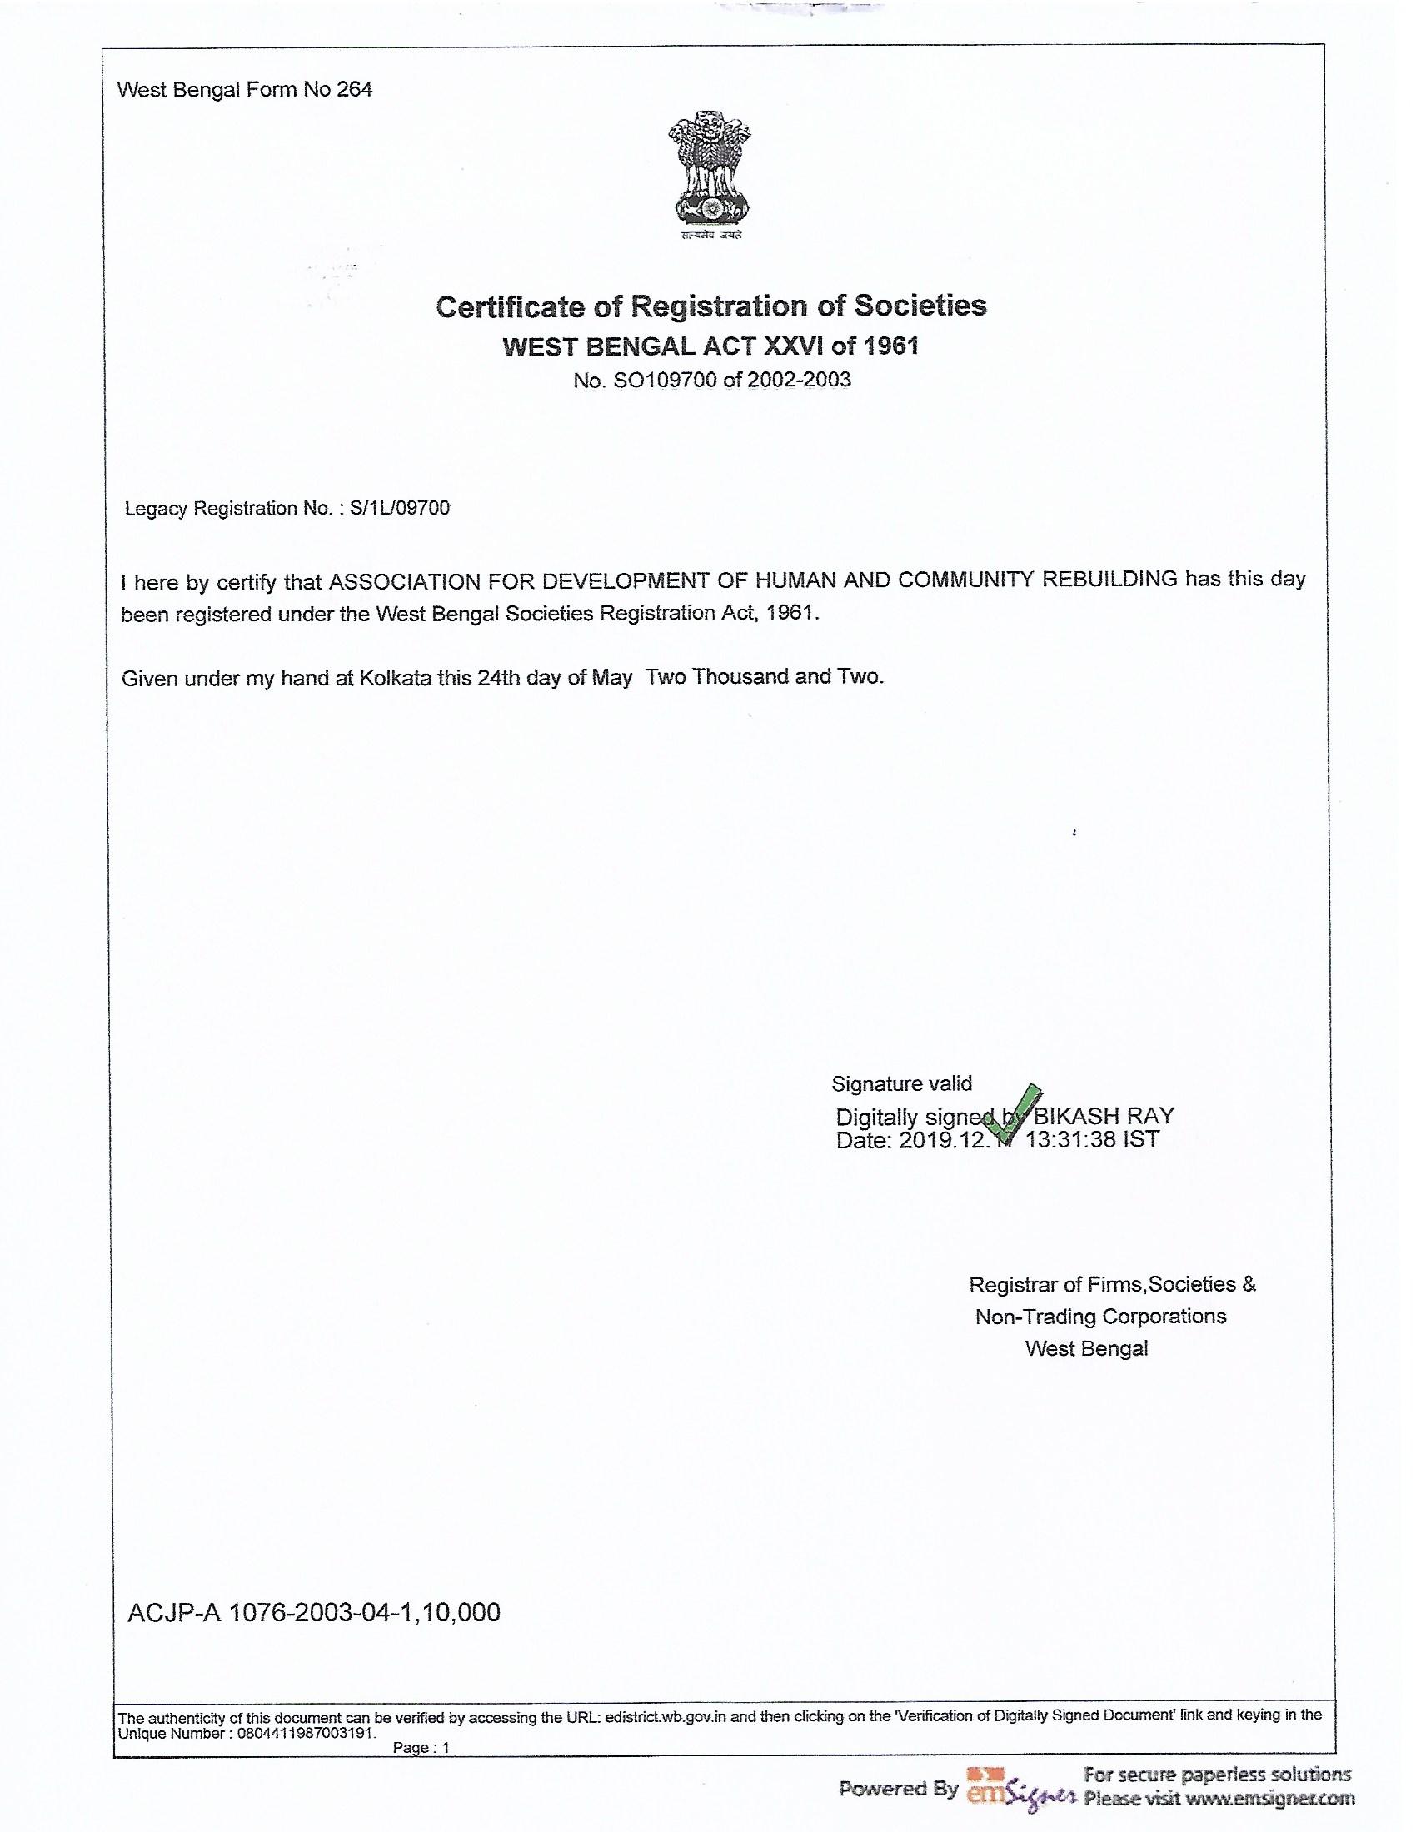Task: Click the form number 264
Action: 354,90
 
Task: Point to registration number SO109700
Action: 664,380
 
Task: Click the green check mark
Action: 1014,1113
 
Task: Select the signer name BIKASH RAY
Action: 1103,1116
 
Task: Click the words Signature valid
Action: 902,1083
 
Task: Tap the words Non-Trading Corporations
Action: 1099,1316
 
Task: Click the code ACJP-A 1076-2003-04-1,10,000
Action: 314,1611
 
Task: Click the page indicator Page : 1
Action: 421,1748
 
